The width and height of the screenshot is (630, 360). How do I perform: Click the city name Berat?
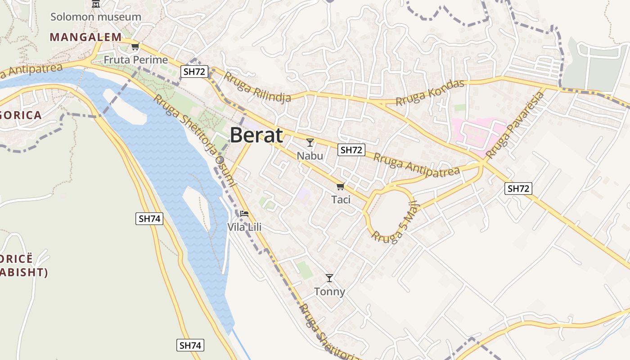256,135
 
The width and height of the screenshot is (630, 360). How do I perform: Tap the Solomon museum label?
95,17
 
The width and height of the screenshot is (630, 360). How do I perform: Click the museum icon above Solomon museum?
95,4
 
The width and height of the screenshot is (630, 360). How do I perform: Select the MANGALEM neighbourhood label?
85,37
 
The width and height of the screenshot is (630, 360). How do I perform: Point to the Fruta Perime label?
135,60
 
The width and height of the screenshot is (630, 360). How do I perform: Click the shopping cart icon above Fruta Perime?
135,46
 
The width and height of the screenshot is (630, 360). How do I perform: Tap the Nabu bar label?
310,156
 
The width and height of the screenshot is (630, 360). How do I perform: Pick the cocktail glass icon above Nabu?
310,143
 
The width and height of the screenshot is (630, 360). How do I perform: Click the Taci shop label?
341,199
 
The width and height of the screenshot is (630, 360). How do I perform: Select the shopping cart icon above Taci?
341,186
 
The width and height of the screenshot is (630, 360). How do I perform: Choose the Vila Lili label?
244,227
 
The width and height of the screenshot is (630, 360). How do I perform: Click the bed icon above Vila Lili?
244,213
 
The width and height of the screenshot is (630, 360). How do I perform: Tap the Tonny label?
329,292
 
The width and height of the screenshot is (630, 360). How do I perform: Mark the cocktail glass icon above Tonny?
329,278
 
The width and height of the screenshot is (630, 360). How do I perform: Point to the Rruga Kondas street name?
430,93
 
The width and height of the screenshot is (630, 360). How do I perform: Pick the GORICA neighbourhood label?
21,115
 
